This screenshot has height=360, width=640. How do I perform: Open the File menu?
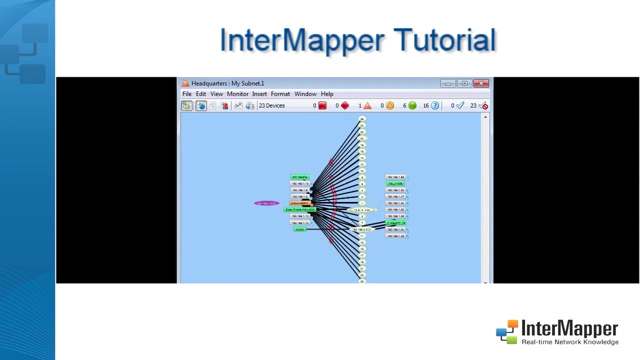tap(186, 94)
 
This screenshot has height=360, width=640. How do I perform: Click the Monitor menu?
tap(237, 94)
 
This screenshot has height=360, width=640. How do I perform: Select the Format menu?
tap(280, 94)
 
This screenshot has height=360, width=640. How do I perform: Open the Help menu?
tap(327, 94)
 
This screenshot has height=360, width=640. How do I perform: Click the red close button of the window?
tap(481, 83)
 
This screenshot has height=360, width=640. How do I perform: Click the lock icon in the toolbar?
tap(186, 105)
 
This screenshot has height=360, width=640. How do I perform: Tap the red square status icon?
tap(322, 105)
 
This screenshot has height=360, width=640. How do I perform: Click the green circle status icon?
tap(412, 105)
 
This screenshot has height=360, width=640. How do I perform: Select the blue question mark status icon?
tap(435, 105)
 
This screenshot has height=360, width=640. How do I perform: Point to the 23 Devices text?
tap(271, 105)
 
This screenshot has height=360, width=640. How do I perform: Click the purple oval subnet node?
tap(266, 203)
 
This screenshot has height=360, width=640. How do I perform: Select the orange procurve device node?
tap(299, 203)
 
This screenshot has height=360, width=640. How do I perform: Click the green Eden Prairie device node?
tap(300, 209)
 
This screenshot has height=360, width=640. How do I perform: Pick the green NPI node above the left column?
tap(300, 177)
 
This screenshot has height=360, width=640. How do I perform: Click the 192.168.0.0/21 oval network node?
tap(361, 229)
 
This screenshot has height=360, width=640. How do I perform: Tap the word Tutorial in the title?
tap(444, 40)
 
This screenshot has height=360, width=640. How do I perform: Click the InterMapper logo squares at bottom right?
tap(507, 332)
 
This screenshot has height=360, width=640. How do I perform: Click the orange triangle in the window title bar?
tap(185, 83)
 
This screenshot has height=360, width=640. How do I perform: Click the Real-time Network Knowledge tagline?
tap(570, 342)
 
